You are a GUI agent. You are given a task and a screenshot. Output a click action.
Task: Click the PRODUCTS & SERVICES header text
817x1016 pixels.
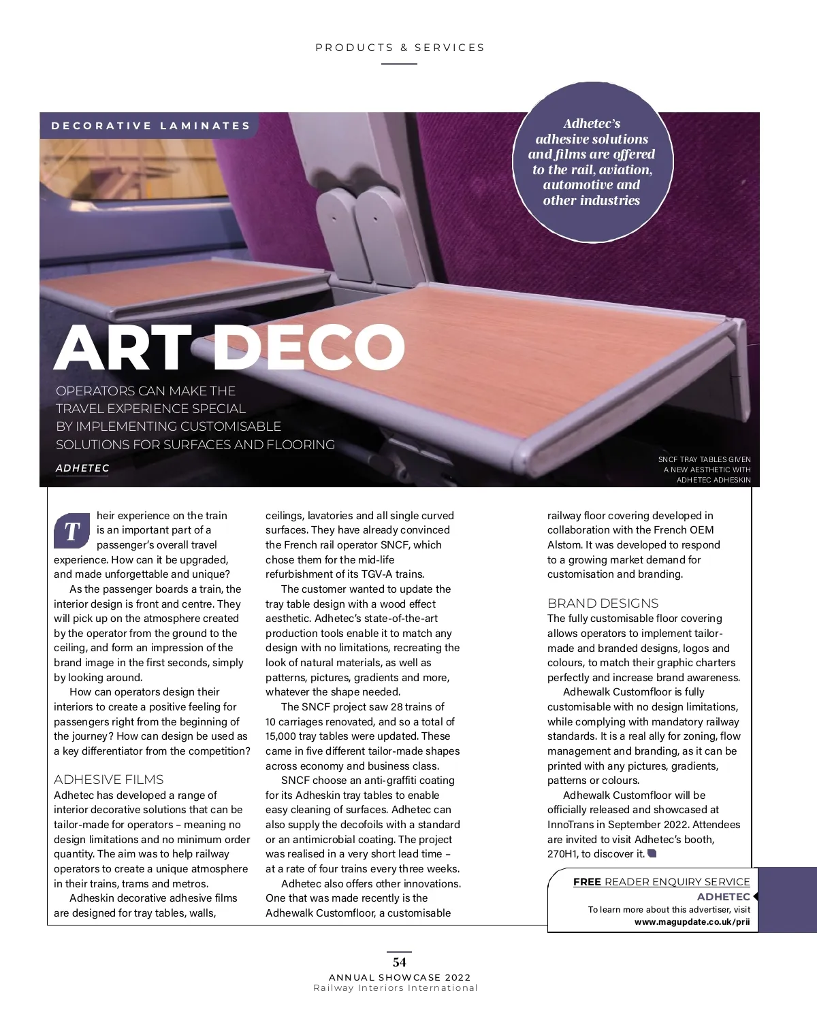(x=400, y=48)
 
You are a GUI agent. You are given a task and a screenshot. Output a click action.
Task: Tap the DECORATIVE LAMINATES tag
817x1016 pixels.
(x=151, y=126)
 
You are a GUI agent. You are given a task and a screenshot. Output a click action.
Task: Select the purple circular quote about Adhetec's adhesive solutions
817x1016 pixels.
(x=592, y=162)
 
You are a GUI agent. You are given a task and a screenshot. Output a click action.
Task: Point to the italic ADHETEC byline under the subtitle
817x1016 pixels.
(x=82, y=468)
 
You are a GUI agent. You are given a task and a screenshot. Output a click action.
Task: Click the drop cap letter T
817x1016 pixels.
(x=72, y=531)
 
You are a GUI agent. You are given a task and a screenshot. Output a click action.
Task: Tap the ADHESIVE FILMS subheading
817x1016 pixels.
(x=109, y=780)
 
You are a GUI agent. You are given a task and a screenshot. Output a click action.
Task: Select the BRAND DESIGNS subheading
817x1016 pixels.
(x=603, y=604)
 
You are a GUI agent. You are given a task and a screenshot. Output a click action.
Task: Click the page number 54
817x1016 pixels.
(x=400, y=962)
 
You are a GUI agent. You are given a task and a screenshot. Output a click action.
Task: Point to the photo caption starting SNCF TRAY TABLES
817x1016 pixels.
(x=705, y=470)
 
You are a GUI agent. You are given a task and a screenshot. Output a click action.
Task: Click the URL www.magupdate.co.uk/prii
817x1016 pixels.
(x=692, y=922)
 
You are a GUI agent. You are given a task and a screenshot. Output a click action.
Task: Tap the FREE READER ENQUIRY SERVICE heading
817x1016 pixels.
(x=661, y=882)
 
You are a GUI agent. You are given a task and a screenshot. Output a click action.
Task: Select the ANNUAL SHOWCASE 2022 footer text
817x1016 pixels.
(x=400, y=977)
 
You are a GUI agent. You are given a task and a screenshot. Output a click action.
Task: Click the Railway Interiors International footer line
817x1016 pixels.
(x=396, y=988)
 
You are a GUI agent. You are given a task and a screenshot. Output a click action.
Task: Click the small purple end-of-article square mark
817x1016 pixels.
(x=652, y=853)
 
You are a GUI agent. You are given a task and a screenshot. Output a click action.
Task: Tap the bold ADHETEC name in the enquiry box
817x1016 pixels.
(x=723, y=897)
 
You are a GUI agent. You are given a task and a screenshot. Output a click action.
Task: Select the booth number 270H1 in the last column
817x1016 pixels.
(x=562, y=854)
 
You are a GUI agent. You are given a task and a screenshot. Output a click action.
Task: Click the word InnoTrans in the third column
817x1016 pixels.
(x=571, y=825)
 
